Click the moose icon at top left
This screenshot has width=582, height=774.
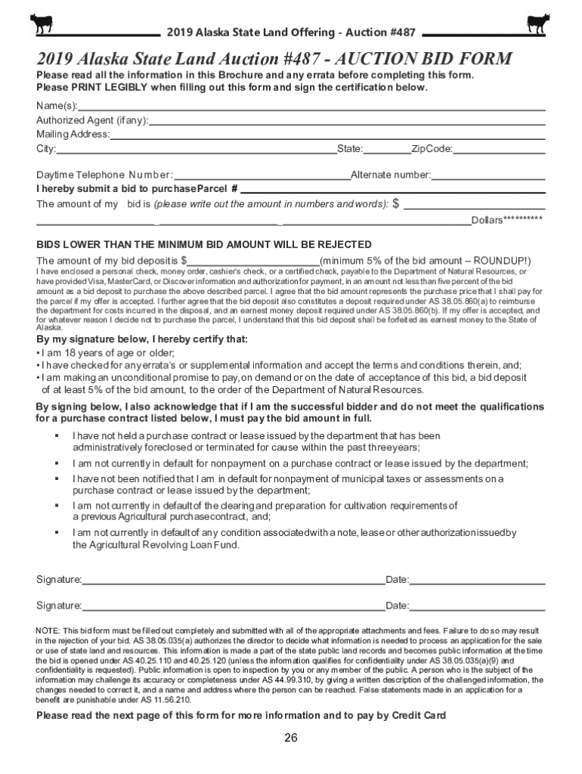[x=41, y=23]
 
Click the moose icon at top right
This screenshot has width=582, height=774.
[x=538, y=23]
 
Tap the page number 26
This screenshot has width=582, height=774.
[x=291, y=738]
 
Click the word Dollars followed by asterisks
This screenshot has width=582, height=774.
[x=506, y=220]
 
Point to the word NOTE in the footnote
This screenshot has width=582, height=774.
[x=48, y=630]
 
